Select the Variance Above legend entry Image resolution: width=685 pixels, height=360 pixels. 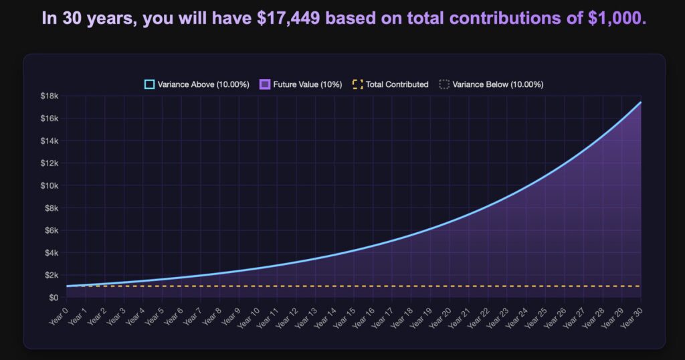pos(197,84)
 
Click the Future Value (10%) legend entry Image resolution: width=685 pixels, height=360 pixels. pos(301,84)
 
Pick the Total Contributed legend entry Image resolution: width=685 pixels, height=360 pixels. pos(391,84)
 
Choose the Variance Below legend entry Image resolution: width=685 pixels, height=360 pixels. pos(492,84)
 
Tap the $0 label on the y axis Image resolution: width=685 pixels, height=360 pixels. pos(54,297)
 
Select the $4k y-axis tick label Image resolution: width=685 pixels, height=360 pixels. pos(52,253)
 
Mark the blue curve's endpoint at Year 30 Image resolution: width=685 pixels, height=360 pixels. pos(641,102)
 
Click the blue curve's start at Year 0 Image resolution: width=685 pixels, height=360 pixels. pos(68,286)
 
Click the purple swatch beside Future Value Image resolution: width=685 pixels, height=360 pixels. pos(264,84)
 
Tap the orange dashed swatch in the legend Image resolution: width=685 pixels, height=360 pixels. pos(357,84)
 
